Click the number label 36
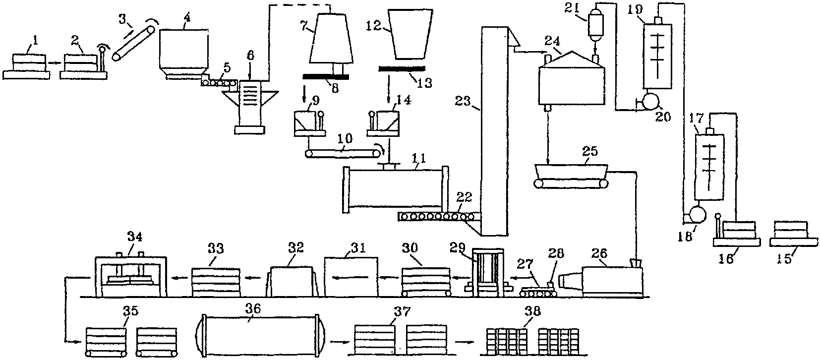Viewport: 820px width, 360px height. [252, 309]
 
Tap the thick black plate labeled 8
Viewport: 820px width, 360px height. [325, 77]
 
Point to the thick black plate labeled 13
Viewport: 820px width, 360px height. [402, 68]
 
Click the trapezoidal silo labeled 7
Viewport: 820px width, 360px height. [331, 39]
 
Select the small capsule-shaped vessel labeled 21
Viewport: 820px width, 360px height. [594, 23]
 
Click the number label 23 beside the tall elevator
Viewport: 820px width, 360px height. [463, 100]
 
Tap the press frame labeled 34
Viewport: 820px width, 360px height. [131, 275]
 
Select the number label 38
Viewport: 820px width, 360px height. [532, 311]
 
